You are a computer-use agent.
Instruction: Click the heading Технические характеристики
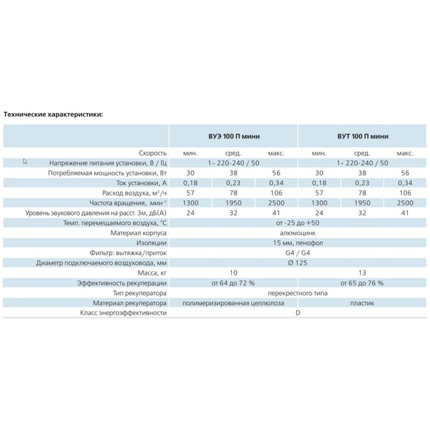click(x=53, y=114)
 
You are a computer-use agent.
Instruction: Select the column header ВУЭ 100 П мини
click(x=234, y=136)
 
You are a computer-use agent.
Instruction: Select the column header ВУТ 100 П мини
click(x=363, y=136)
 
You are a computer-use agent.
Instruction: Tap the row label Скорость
click(x=153, y=153)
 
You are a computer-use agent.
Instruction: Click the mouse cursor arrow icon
click(x=25, y=161)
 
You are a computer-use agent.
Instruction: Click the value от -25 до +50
click(x=298, y=222)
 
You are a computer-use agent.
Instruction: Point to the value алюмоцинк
click(x=298, y=233)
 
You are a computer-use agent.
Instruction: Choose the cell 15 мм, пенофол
click(x=298, y=243)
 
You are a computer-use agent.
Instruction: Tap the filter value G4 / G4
click(x=298, y=253)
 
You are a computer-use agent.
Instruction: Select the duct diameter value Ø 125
click(x=298, y=263)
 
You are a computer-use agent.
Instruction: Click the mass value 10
click(x=233, y=273)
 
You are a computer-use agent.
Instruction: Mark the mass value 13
click(x=362, y=273)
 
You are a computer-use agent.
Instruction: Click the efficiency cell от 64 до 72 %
click(x=233, y=283)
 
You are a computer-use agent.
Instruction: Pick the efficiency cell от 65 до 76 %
click(x=362, y=283)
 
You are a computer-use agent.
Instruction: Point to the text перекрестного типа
click(x=298, y=293)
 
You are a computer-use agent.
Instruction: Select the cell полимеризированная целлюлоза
click(x=233, y=303)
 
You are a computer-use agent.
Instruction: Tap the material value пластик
click(x=362, y=303)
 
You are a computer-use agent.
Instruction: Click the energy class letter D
click(x=298, y=312)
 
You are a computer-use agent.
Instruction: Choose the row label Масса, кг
click(x=153, y=273)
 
